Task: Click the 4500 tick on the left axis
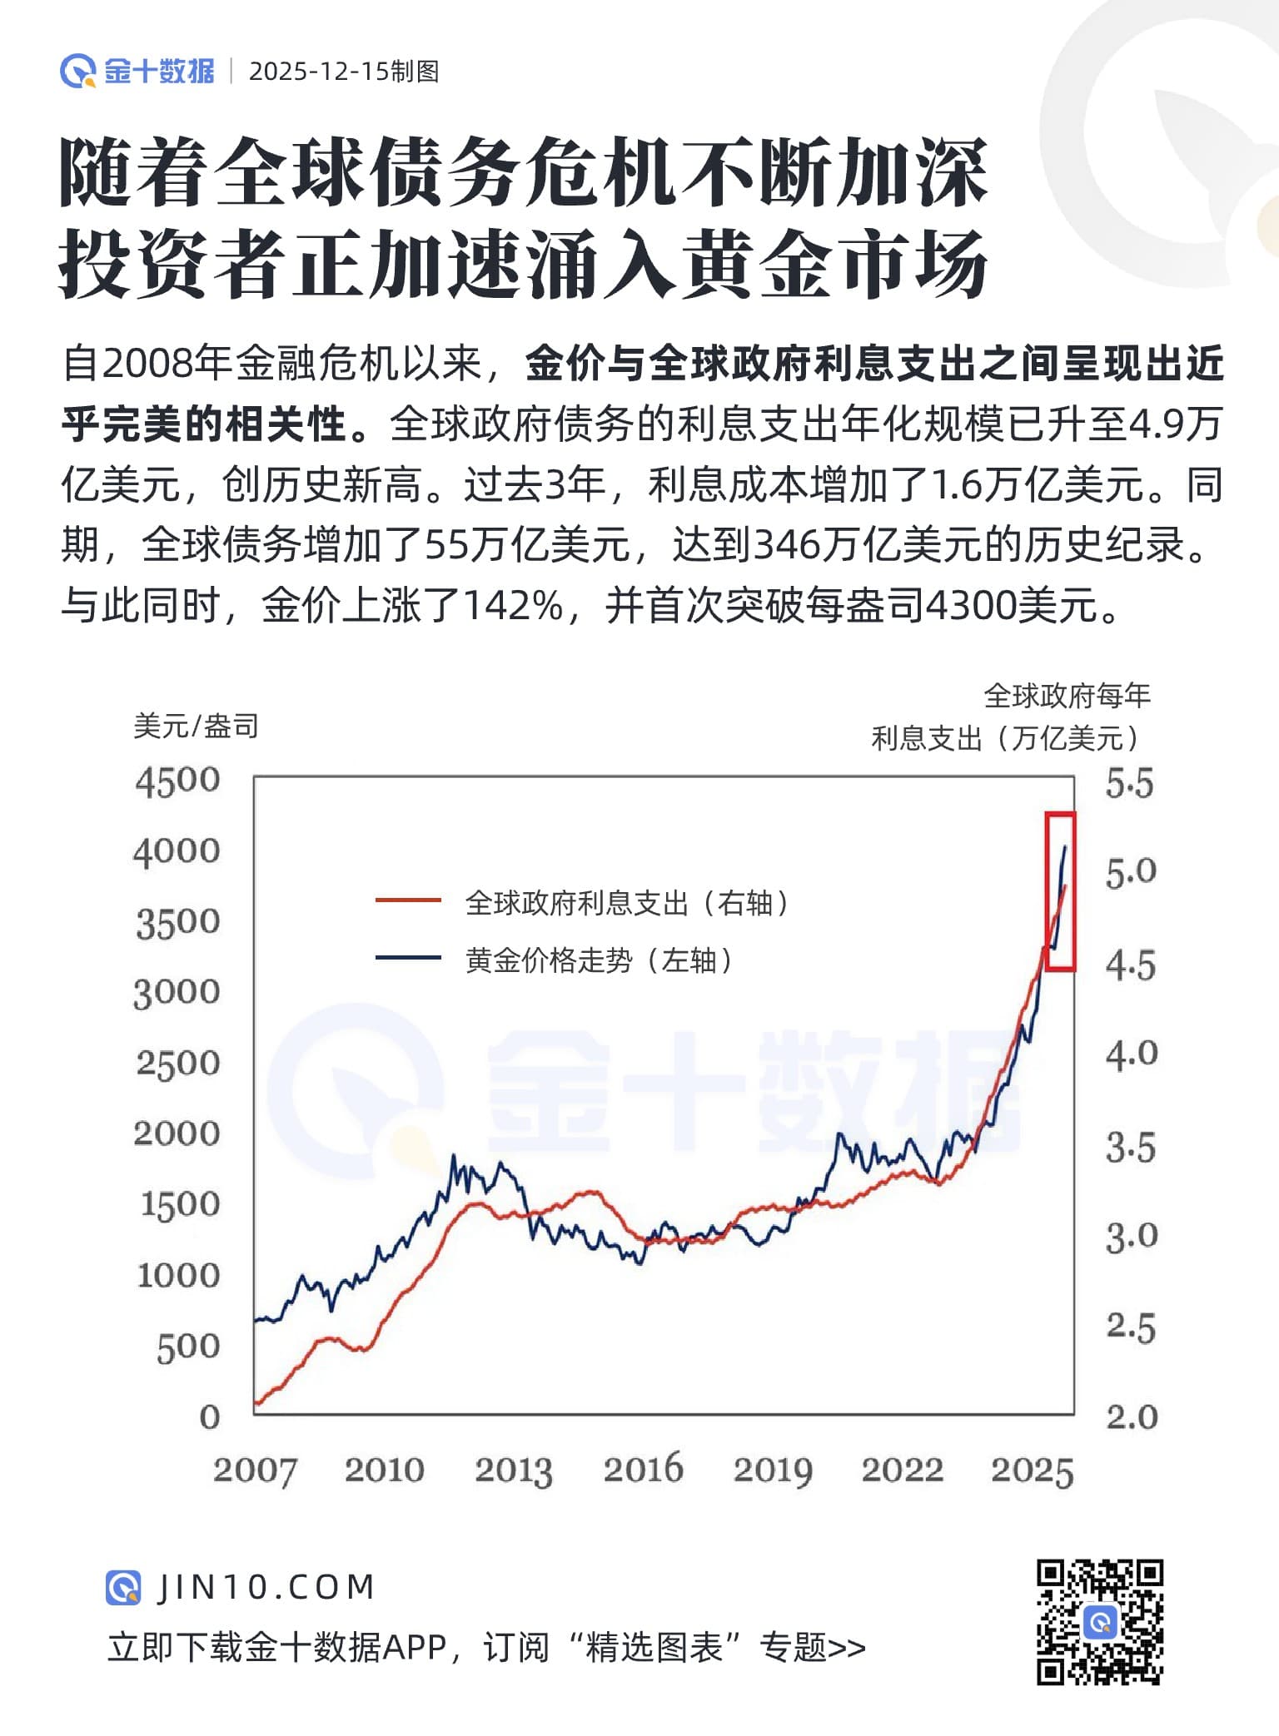pyautogui.click(x=177, y=781)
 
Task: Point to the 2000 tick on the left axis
pyautogui.click(x=177, y=1133)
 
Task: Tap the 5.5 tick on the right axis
pyautogui.click(x=1129, y=785)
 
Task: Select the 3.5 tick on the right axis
pyautogui.click(x=1130, y=1148)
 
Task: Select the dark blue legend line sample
pyautogui.click(x=408, y=958)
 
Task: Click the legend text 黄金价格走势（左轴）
pyautogui.click(x=600, y=960)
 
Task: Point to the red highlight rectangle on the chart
pyautogui.click(x=1060, y=890)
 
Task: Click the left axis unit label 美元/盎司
pyautogui.click(x=196, y=727)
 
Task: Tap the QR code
pyautogui.click(x=1099, y=1622)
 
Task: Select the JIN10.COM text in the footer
pyautogui.click(x=266, y=1588)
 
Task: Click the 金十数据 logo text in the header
pyautogui.click(x=159, y=72)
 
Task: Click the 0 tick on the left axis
pyautogui.click(x=209, y=1417)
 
